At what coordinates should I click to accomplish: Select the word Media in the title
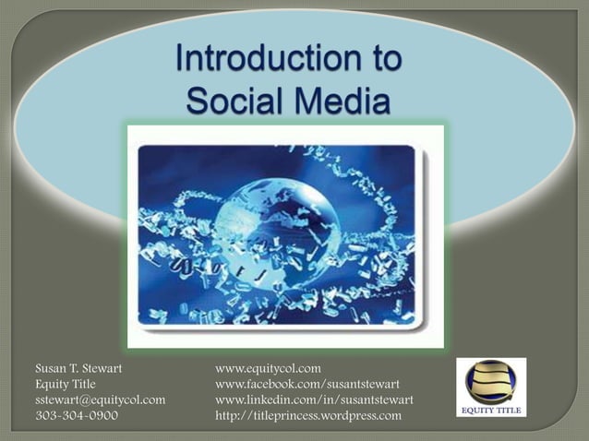point(336,100)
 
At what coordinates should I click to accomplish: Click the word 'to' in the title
point(381,59)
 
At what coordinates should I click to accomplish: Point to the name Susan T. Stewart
point(78,368)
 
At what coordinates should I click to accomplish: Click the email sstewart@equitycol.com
point(99,399)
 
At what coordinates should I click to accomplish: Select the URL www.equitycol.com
point(267,368)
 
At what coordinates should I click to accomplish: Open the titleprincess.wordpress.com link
point(307,415)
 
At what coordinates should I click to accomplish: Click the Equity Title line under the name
point(65,384)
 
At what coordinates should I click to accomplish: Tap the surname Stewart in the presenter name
point(100,368)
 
